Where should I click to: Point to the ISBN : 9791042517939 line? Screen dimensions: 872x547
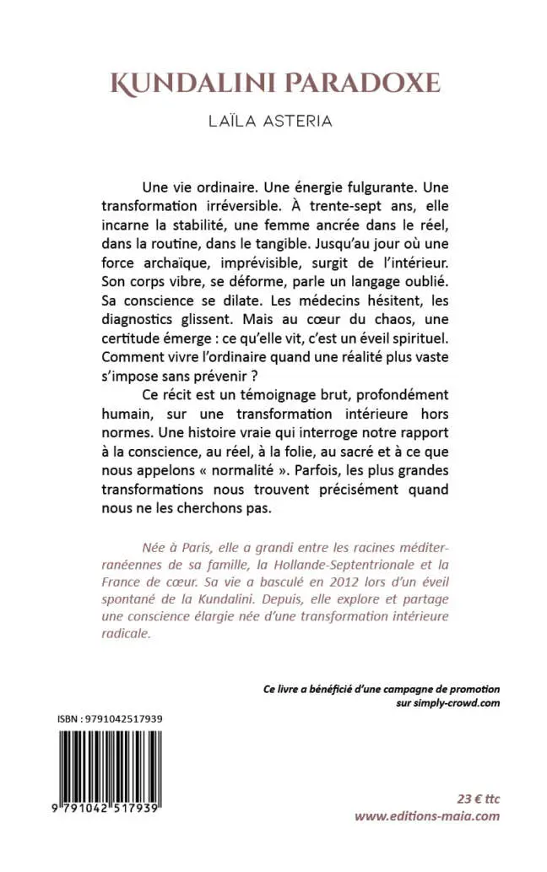coord(111,718)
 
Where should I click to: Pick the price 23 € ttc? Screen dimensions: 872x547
coord(475,798)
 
